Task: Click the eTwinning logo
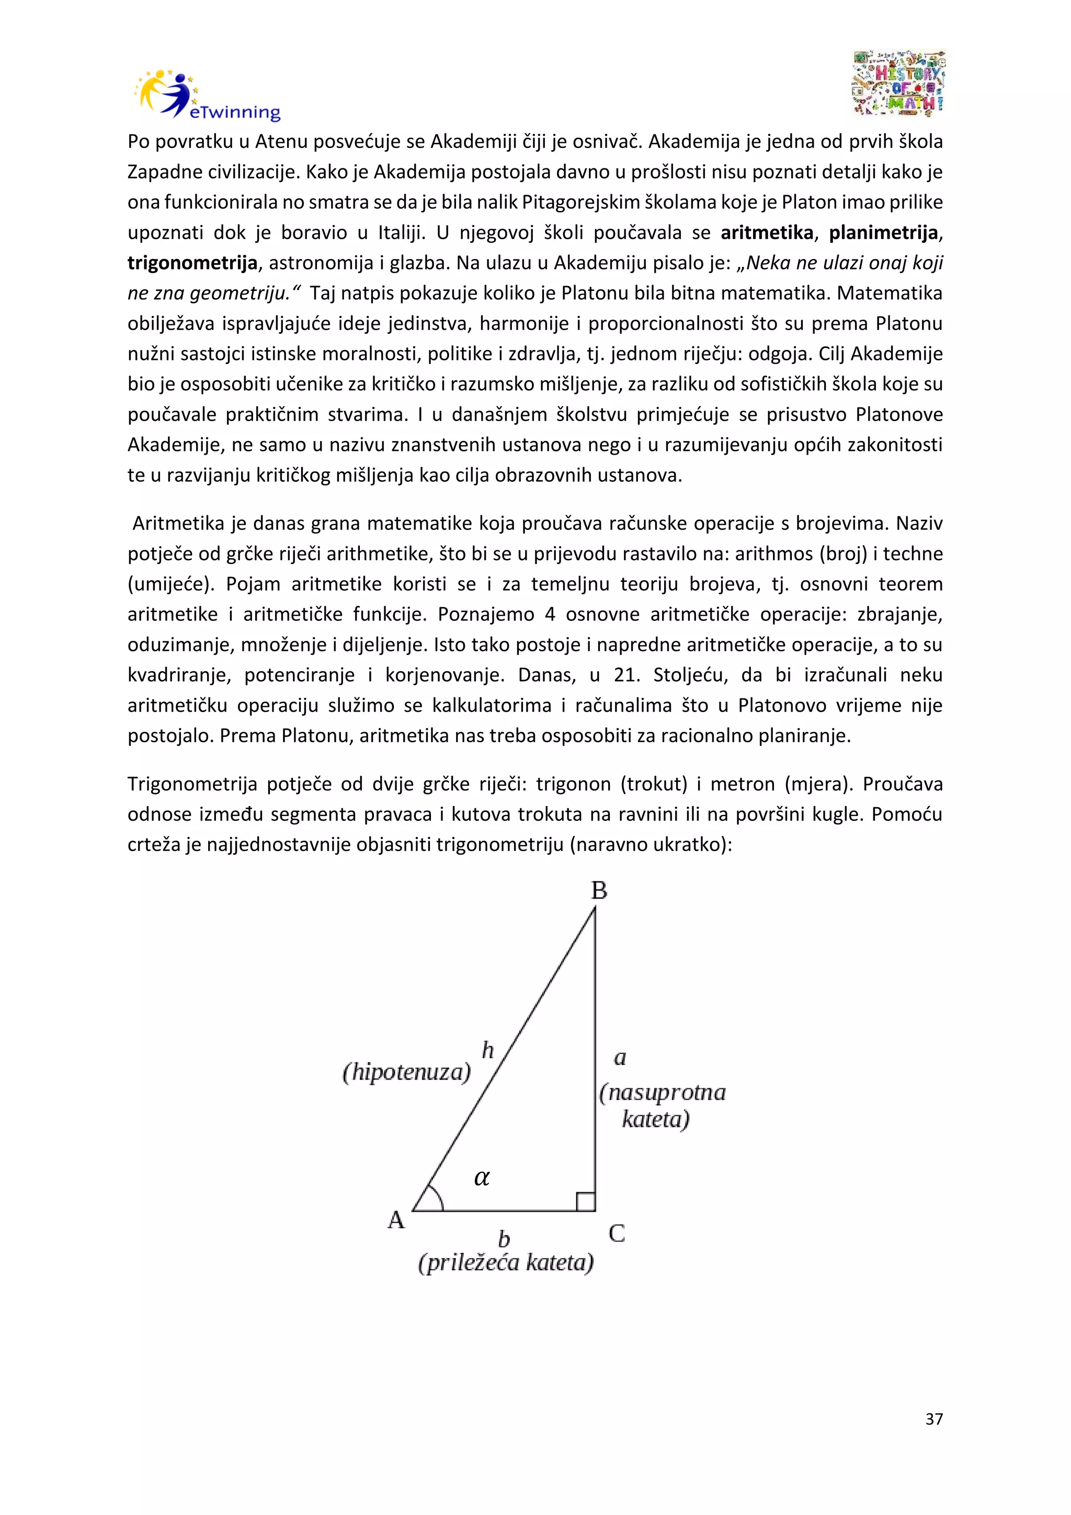[x=207, y=96]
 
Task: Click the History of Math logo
[x=898, y=84]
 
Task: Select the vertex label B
[x=599, y=891]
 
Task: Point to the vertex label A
[x=396, y=1220]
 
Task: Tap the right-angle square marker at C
[x=586, y=1202]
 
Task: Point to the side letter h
[x=488, y=1049]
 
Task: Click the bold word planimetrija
[x=883, y=233]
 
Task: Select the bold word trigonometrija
[x=192, y=263]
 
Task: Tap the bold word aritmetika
[x=766, y=233]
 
